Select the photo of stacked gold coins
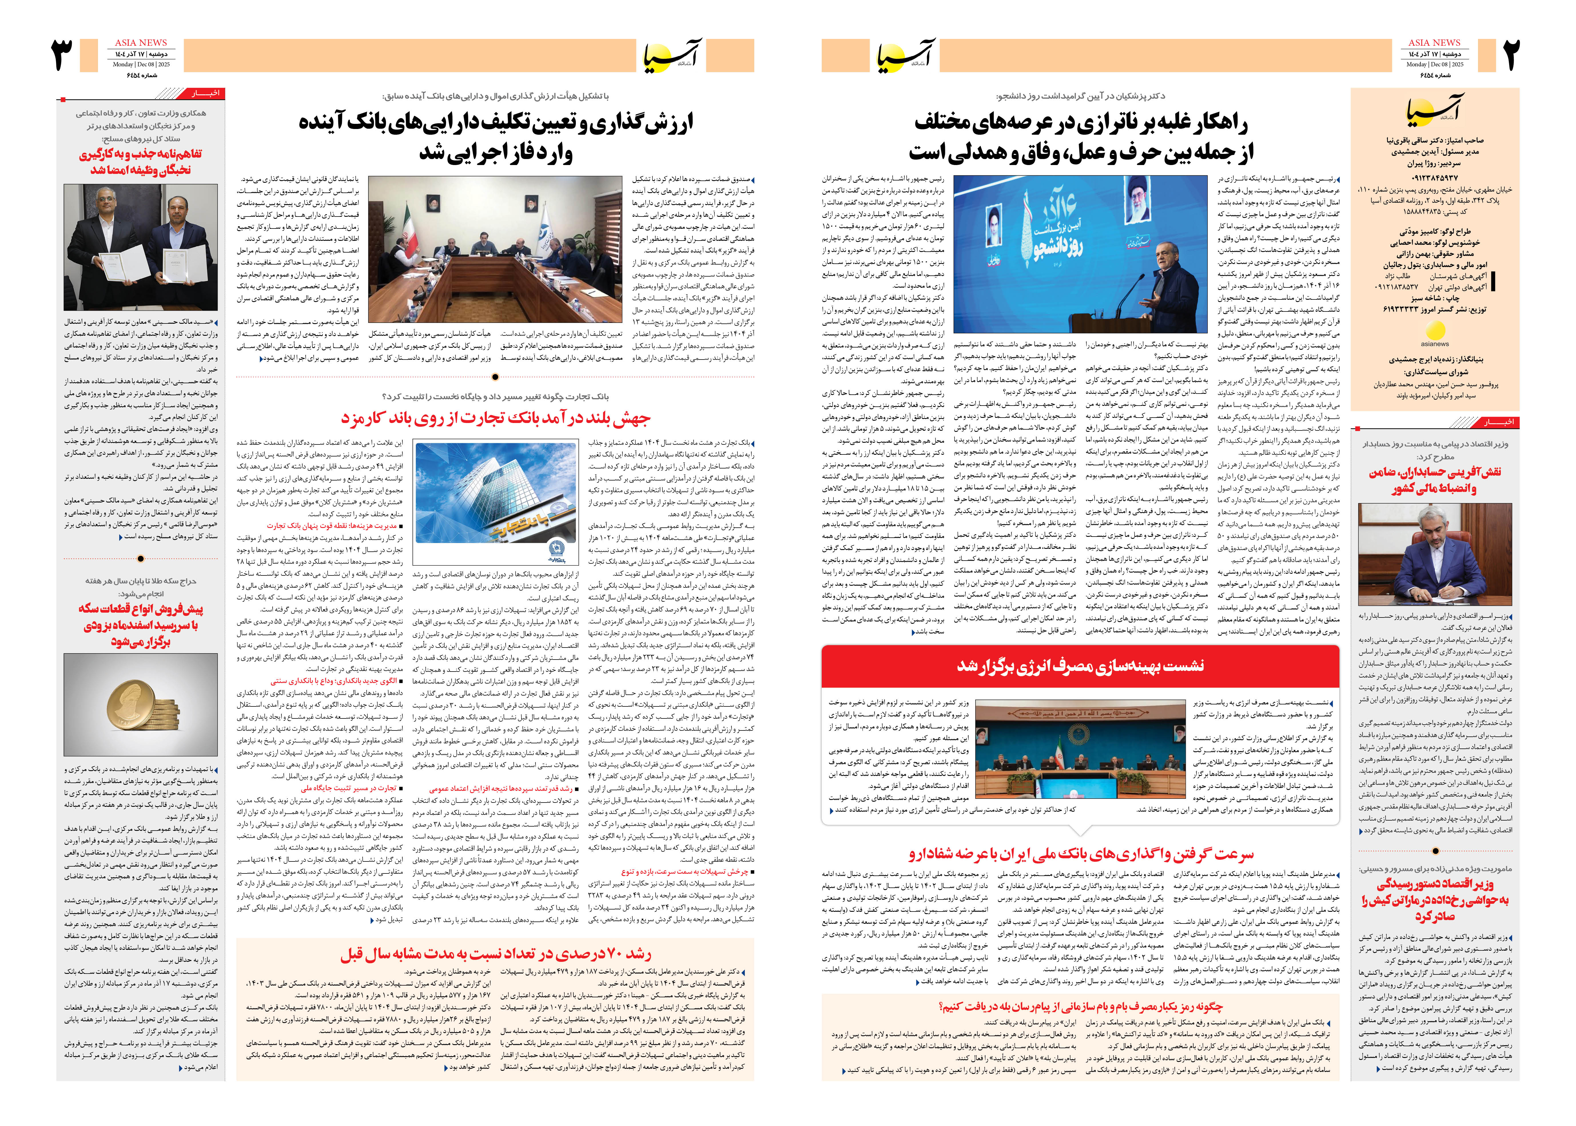point(141,704)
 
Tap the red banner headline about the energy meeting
point(1080,666)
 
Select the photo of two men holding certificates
point(141,247)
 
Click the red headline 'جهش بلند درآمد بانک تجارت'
point(496,418)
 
